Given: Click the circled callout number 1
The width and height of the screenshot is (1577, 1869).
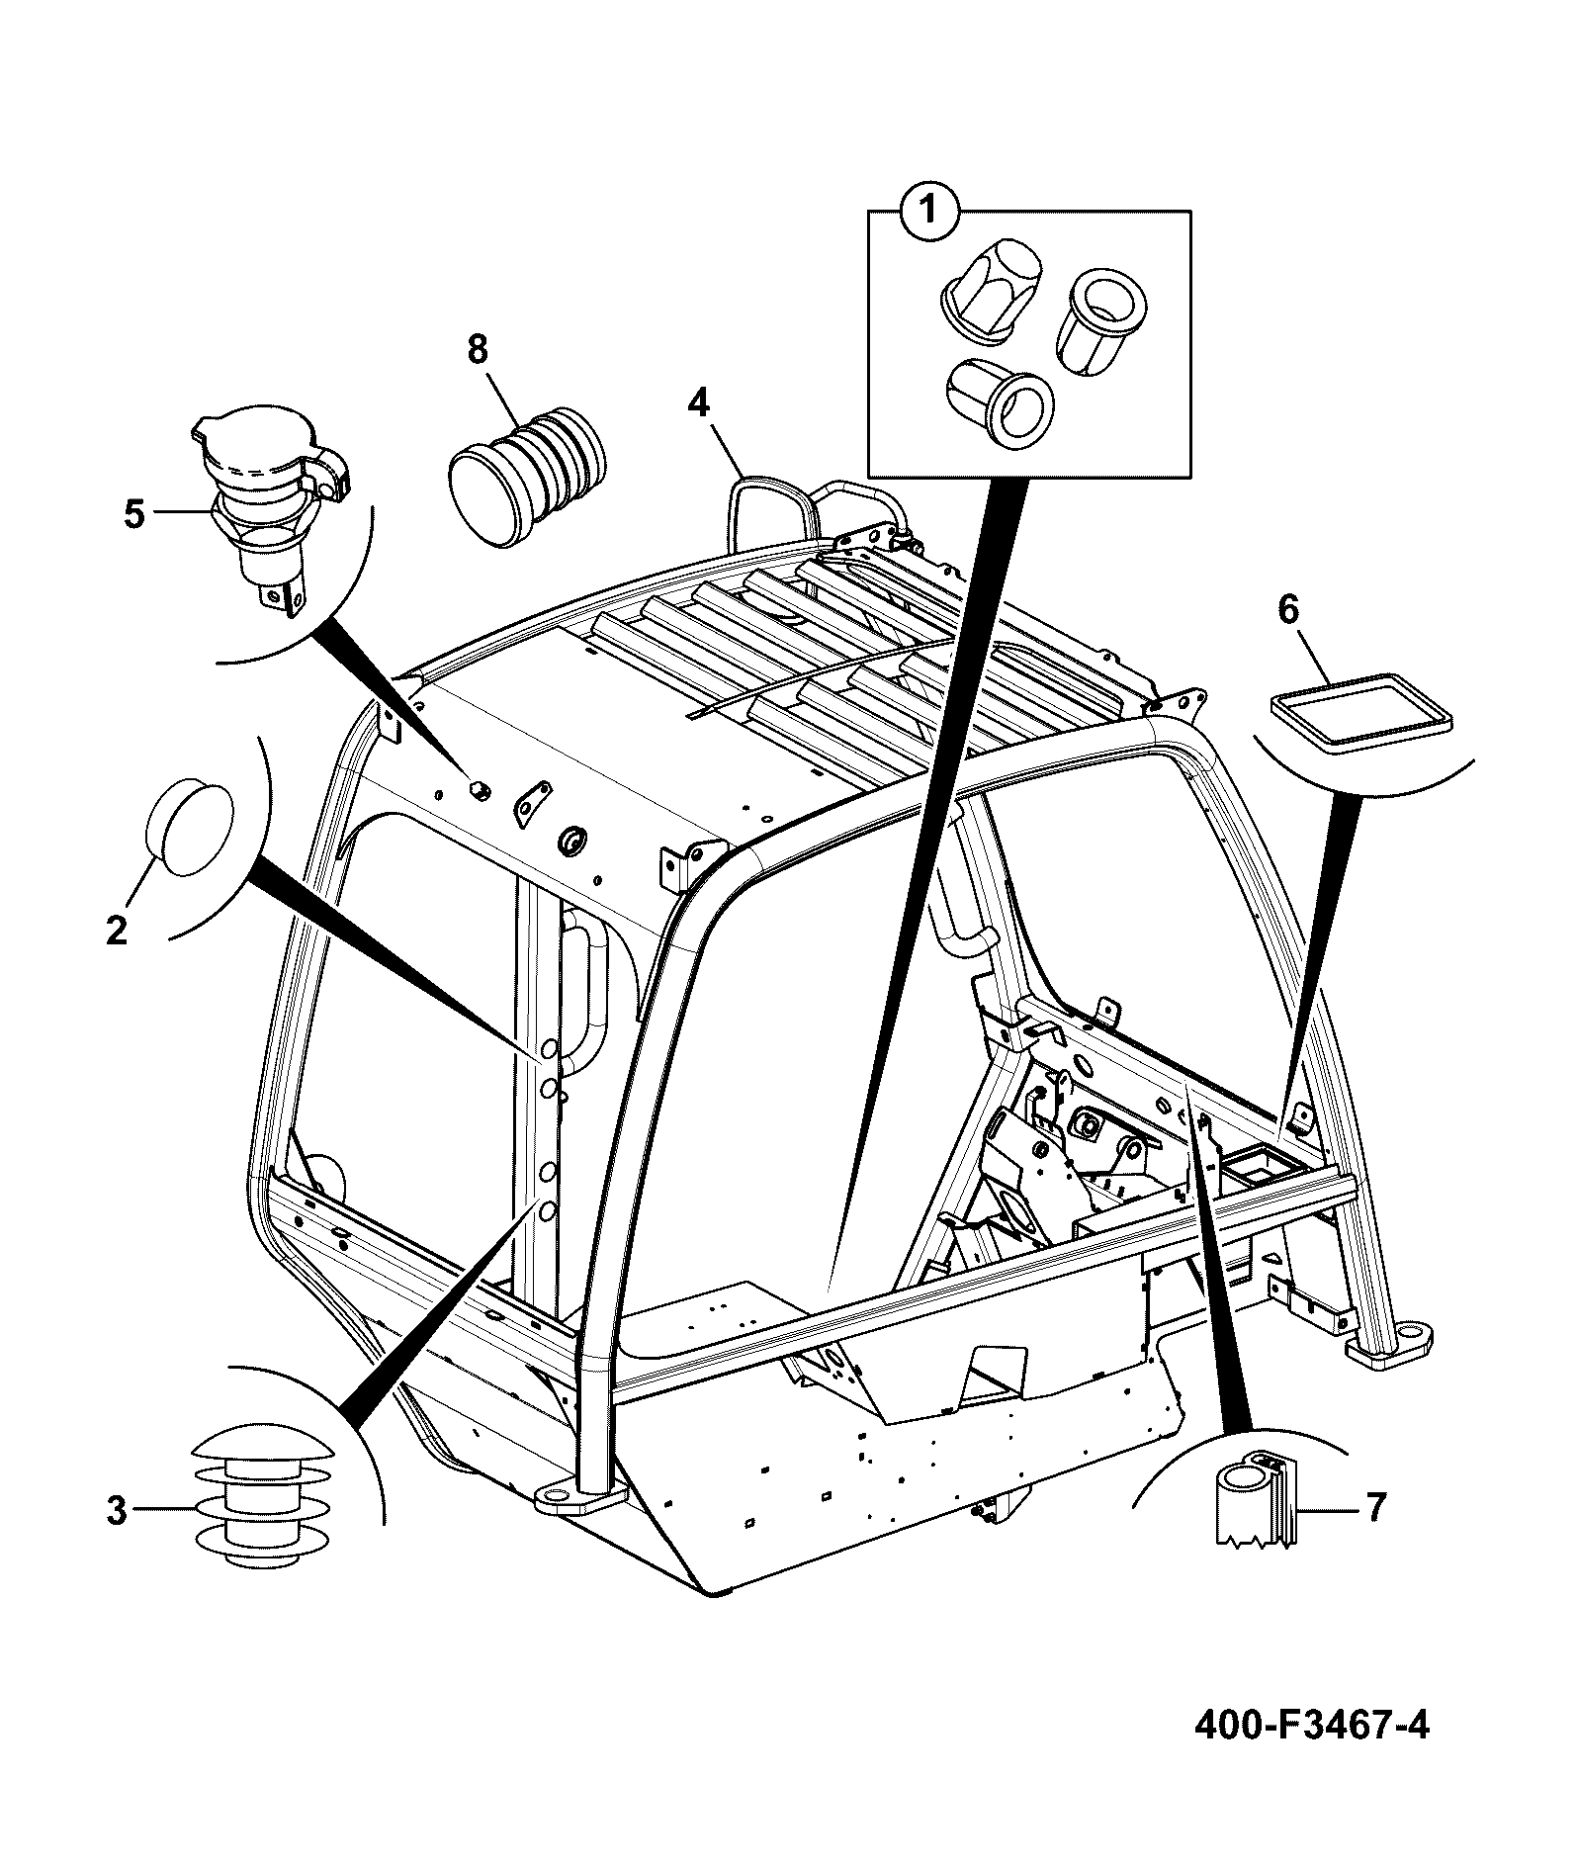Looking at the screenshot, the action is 926,212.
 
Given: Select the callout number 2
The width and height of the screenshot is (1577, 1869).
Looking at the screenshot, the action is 117,930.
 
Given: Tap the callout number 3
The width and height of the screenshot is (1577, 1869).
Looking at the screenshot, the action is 117,1510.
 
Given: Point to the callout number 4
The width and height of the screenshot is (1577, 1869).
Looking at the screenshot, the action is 699,402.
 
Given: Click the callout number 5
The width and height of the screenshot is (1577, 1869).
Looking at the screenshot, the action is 134,514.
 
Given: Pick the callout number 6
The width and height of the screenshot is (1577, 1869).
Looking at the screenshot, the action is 1287,610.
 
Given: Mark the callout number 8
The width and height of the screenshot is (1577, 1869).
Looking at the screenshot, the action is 478,348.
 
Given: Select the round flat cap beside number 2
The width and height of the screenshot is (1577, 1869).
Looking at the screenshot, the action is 190,828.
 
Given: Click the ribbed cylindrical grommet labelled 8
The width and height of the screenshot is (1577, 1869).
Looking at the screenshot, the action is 529,475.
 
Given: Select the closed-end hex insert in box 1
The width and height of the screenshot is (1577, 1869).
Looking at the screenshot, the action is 992,288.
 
